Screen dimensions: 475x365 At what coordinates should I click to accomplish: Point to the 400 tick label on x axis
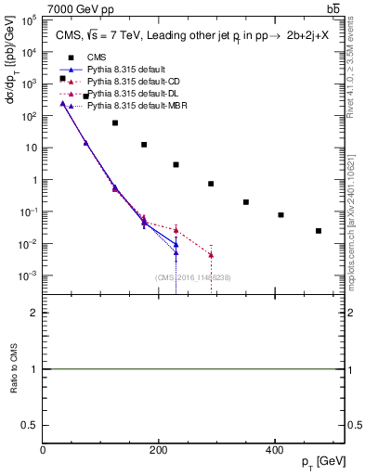pyautogui.click(x=273, y=451)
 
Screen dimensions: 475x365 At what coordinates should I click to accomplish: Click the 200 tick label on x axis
pyautogui.click(x=158, y=451)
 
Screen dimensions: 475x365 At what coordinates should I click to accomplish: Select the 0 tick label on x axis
pyautogui.click(x=44, y=451)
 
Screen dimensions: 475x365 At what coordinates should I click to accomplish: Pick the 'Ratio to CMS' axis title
pyautogui.click(x=15, y=368)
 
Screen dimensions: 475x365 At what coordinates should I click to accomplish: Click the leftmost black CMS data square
pyautogui.click(x=62, y=79)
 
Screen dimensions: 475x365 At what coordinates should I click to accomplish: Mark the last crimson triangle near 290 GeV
pyautogui.click(x=212, y=255)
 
